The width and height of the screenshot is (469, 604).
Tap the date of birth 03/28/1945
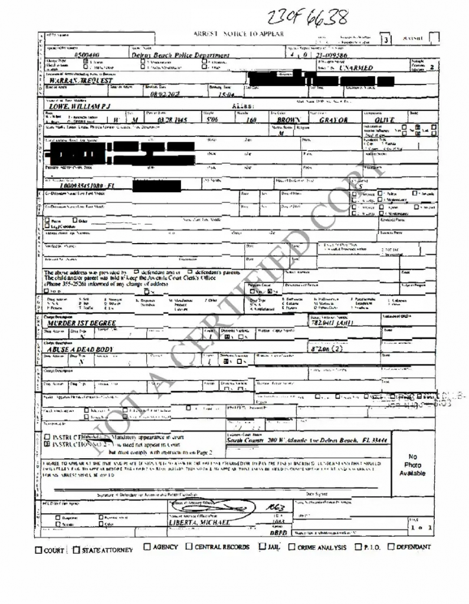pyautogui.click(x=156, y=120)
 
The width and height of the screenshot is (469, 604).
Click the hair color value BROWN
pyautogui.click(x=288, y=120)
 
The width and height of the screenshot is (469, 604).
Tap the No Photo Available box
pyautogui.click(x=412, y=465)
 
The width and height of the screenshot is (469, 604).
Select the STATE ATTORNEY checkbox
pyautogui.click(x=76, y=550)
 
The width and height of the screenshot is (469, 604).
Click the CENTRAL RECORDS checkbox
pyautogui.click(x=189, y=547)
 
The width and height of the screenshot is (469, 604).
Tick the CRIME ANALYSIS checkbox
pyautogui.click(x=291, y=547)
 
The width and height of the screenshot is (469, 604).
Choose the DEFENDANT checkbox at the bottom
pyautogui.click(x=391, y=547)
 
